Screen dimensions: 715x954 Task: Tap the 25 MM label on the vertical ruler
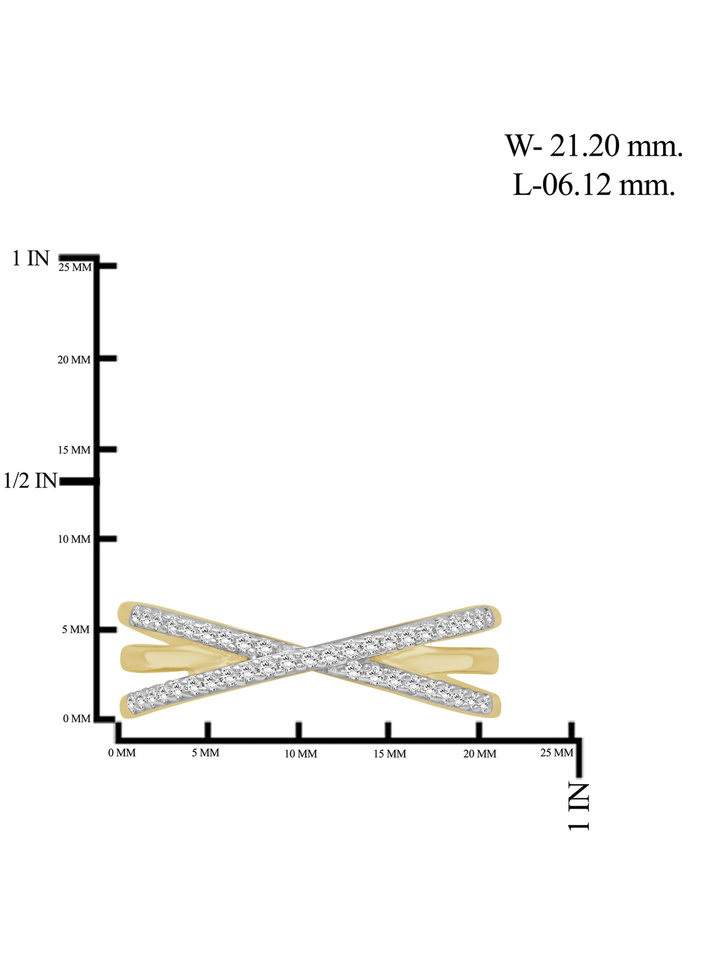click(x=75, y=267)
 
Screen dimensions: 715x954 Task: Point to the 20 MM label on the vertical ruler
click(x=74, y=360)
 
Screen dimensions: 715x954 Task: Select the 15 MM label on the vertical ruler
click(x=74, y=450)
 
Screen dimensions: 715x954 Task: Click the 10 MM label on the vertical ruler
click(x=74, y=539)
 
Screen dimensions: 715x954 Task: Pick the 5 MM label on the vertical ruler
click(x=76, y=629)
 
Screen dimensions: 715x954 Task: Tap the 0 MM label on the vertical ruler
click(x=77, y=718)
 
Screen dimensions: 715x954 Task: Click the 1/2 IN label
click(x=30, y=481)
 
